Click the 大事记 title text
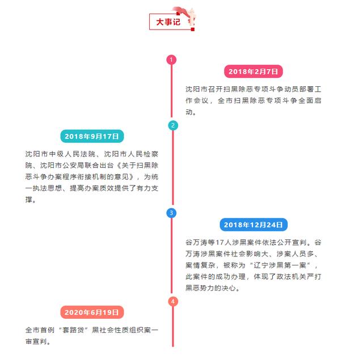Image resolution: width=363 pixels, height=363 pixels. [168, 22]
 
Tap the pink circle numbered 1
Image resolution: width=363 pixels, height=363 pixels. [171, 60]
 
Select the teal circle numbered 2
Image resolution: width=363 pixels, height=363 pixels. [173, 125]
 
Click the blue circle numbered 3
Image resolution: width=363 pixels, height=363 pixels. [171, 213]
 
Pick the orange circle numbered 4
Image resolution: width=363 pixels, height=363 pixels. [173, 301]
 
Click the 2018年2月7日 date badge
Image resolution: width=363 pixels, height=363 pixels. [254, 71]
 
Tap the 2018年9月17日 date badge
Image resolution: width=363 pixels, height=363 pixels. [92, 136]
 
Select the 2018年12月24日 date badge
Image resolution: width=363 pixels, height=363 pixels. [254, 225]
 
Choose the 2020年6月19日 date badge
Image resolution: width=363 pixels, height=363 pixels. [92, 312]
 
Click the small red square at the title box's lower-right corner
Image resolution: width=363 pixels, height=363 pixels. [193, 29]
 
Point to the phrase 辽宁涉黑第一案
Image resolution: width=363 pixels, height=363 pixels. [280, 265]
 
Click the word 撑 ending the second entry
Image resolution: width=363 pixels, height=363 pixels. [29, 200]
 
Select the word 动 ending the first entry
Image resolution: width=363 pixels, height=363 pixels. [189, 112]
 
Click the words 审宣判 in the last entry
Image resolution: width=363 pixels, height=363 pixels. [36, 341]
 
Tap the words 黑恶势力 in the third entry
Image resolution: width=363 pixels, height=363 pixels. [200, 288]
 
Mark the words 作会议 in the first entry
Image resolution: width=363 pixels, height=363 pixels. [197, 100]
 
